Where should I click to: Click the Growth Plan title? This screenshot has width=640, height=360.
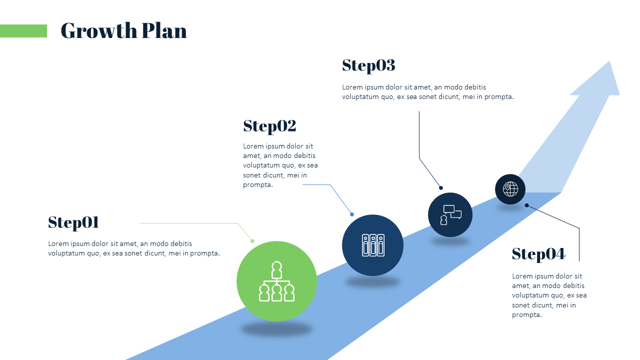[x=123, y=30]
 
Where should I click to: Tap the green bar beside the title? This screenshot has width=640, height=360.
[x=23, y=31]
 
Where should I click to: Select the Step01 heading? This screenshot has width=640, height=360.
[x=73, y=223]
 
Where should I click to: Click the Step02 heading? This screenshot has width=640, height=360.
[x=269, y=126]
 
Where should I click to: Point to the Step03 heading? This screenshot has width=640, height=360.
[x=368, y=65]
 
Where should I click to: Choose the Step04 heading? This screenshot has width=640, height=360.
[x=538, y=254]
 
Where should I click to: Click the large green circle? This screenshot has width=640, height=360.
[x=276, y=281]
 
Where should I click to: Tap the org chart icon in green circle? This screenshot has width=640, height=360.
[x=276, y=281]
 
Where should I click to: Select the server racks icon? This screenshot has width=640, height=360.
[x=373, y=245]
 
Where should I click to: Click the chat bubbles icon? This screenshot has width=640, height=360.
[x=450, y=215]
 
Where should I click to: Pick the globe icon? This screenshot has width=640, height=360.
[x=510, y=189]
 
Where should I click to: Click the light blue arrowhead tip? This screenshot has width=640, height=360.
[x=609, y=61]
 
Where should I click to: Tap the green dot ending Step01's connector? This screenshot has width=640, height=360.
[x=252, y=241]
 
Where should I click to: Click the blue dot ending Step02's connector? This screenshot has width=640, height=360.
[x=352, y=214]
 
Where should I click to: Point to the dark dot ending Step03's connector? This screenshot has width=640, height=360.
[x=441, y=187]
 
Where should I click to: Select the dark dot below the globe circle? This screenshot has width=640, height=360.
[x=527, y=205]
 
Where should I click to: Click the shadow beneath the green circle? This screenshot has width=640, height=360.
[x=276, y=329]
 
